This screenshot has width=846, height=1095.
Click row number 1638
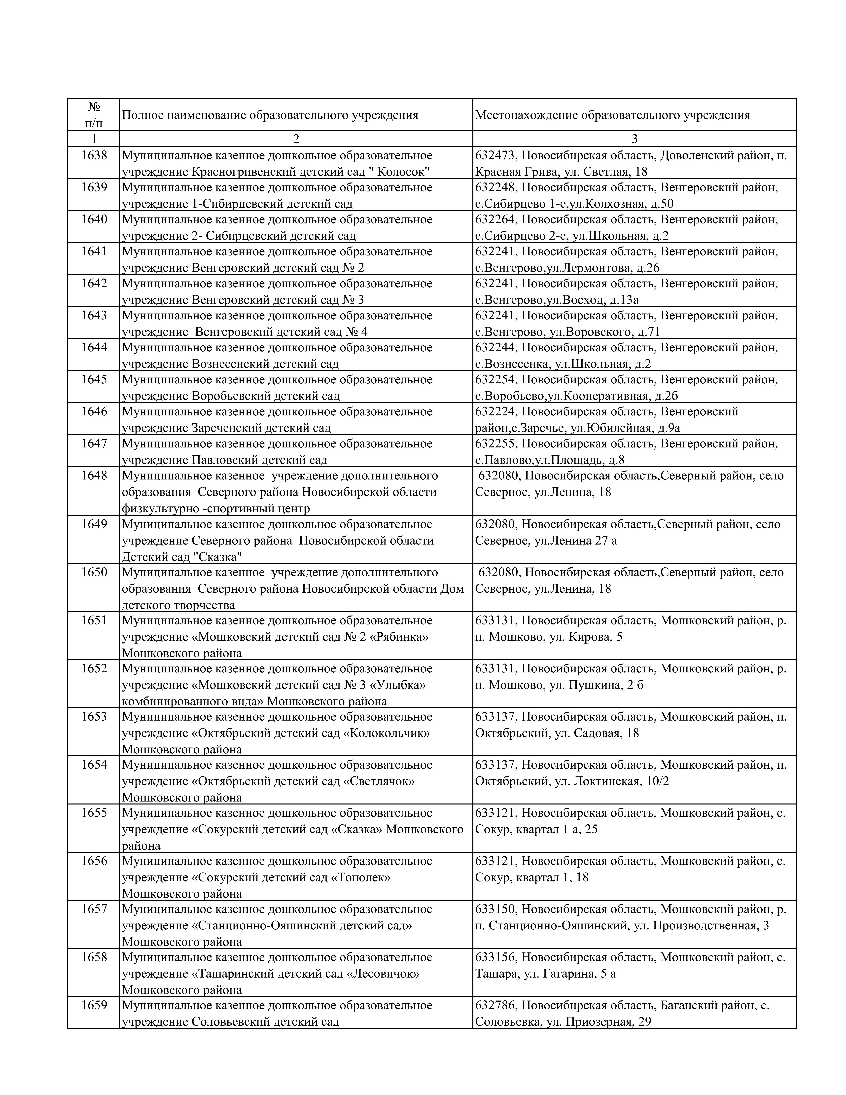coord(94,155)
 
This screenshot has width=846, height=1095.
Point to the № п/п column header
coord(94,115)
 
